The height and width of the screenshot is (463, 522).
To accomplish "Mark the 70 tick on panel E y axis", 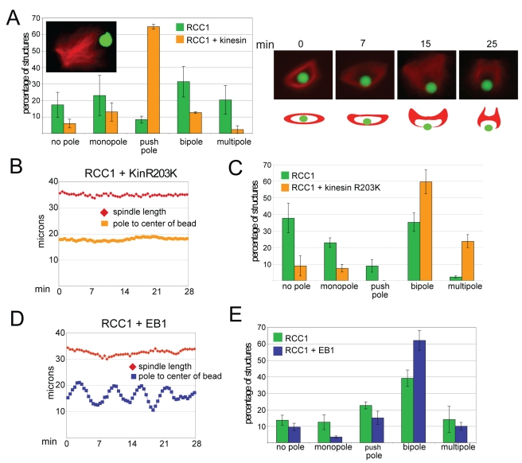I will [x=271, y=327].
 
